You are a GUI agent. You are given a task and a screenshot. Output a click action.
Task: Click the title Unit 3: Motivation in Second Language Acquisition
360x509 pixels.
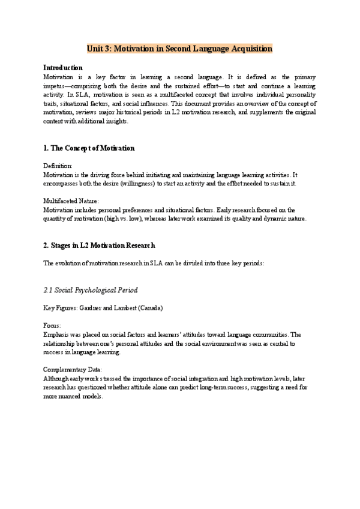point(179,48)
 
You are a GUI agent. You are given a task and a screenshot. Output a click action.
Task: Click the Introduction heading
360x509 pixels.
point(63,68)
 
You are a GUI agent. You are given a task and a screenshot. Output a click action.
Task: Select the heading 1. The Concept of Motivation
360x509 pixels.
point(89,148)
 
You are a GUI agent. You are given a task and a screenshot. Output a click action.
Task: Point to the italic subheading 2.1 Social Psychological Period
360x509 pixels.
point(91,290)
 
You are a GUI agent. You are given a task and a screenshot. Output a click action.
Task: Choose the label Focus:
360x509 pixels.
point(52,325)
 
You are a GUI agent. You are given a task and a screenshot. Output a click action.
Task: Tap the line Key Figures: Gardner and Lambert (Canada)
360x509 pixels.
point(103,308)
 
